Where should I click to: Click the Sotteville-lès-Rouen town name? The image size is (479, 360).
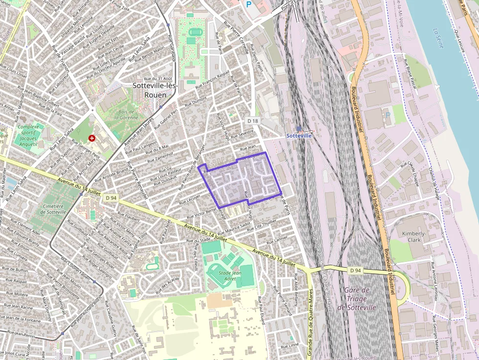click(x=156, y=90)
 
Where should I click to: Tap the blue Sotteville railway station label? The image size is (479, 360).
click(x=299, y=135)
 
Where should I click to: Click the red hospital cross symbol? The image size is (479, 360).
click(x=91, y=139)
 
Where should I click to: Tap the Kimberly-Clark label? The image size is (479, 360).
click(x=414, y=237)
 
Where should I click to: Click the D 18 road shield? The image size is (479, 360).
click(x=252, y=121)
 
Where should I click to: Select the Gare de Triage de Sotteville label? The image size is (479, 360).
click(x=360, y=298)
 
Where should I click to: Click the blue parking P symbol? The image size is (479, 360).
click(x=249, y=4)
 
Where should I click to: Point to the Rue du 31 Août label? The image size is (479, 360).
click(x=158, y=78)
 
